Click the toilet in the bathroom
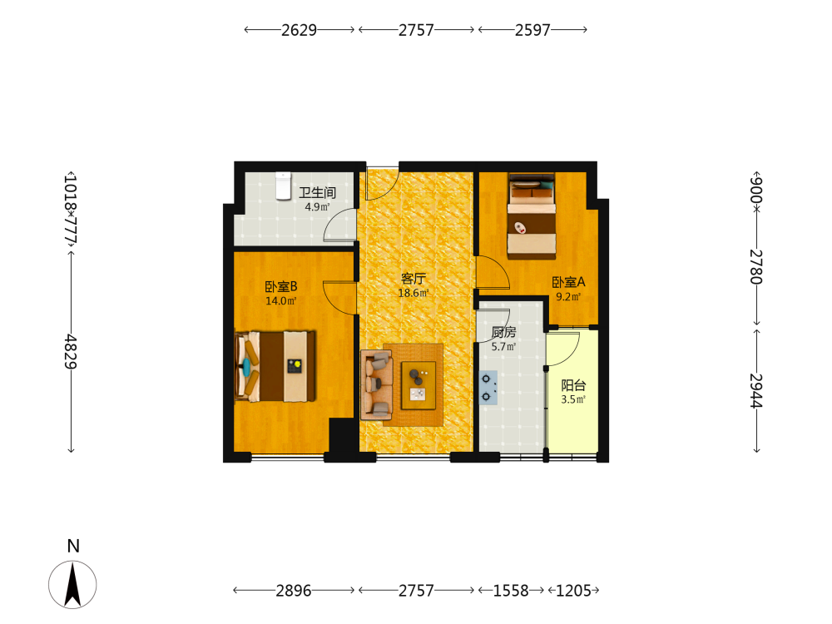284,186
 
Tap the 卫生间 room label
317,193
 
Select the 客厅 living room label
414,279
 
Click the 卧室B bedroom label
281,286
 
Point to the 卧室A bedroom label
568,282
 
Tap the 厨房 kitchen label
503,332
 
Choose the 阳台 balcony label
573,385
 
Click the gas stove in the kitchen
488,388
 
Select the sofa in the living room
376,384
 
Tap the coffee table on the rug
418,386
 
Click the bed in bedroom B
275,366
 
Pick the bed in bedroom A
531,216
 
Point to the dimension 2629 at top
299,30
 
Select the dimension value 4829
71,352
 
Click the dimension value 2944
756,390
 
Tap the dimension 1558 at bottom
511,591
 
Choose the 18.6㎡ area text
414,293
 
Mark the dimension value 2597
532,30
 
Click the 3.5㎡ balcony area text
573,399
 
